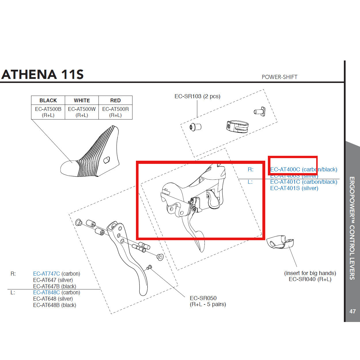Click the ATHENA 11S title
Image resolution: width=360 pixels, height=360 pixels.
point(43,74)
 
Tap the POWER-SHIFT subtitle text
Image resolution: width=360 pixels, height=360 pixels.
point(279,77)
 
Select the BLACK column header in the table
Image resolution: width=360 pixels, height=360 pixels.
point(48,100)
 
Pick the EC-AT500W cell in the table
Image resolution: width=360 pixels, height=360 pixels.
point(82,112)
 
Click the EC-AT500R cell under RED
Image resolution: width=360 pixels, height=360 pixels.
point(115,112)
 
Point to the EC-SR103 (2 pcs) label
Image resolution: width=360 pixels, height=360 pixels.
point(197,96)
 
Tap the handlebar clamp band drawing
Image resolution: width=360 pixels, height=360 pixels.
point(237,126)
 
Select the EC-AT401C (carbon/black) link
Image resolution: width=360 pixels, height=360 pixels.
point(304,182)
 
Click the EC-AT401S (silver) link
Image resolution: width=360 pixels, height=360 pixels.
point(294,188)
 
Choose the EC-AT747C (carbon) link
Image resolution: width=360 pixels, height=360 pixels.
point(56,274)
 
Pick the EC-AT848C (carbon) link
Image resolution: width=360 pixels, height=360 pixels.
point(56,293)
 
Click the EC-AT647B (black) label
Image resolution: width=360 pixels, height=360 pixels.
point(54,286)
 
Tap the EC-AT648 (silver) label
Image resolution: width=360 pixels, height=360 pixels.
point(53,299)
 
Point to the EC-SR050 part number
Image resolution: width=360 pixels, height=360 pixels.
point(203,298)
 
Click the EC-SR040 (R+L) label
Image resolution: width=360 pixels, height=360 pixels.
point(310,279)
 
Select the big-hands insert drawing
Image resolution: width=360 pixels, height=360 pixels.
point(280,242)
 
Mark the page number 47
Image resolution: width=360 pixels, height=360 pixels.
point(352,311)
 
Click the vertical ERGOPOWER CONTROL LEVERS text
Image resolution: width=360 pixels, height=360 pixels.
point(352,228)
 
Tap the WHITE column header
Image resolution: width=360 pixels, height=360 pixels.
point(82,100)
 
